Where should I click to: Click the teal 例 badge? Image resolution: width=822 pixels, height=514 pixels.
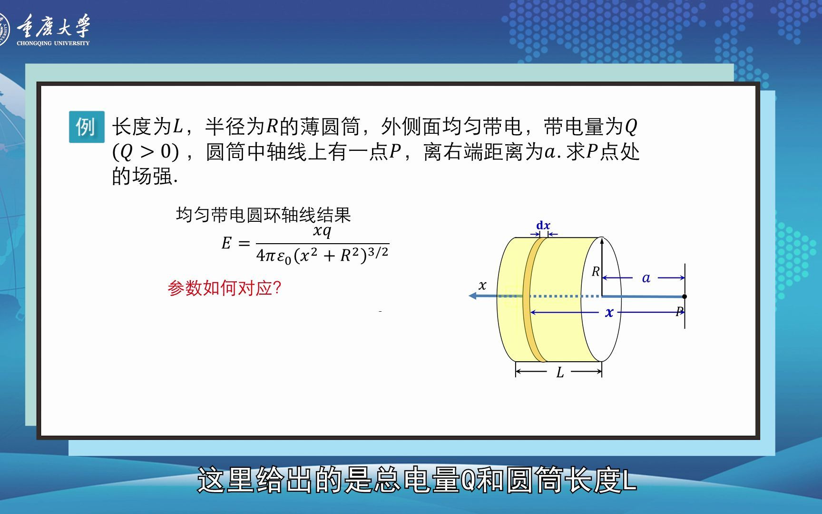(x=86, y=127)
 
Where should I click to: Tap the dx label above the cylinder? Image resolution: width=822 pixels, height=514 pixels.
(x=543, y=226)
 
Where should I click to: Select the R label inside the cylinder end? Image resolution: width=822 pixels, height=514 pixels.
(x=596, y=272)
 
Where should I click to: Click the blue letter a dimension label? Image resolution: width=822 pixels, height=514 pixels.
(x=646, y=278)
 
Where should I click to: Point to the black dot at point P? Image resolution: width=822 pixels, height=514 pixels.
(x=685, y=297)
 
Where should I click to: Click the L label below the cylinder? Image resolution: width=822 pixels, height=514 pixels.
(x=560, y=373)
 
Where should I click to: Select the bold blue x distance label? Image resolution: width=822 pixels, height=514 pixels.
(x=609, y=313)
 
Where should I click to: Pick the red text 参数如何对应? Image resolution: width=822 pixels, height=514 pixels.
(x=224, y=288)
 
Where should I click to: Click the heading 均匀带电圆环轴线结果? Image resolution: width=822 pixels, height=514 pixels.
(x=263, y=215)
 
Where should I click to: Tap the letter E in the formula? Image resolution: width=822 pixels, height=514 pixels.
(x=226, y=244)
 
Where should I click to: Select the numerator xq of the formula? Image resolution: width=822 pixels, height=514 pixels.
(x=322, y=231)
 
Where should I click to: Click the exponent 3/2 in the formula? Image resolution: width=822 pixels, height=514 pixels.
(x=378, y=252)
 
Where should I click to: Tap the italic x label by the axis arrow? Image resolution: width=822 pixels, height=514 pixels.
(x=482, y=286)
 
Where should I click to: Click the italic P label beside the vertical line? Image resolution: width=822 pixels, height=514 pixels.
(x=679, y=311)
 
